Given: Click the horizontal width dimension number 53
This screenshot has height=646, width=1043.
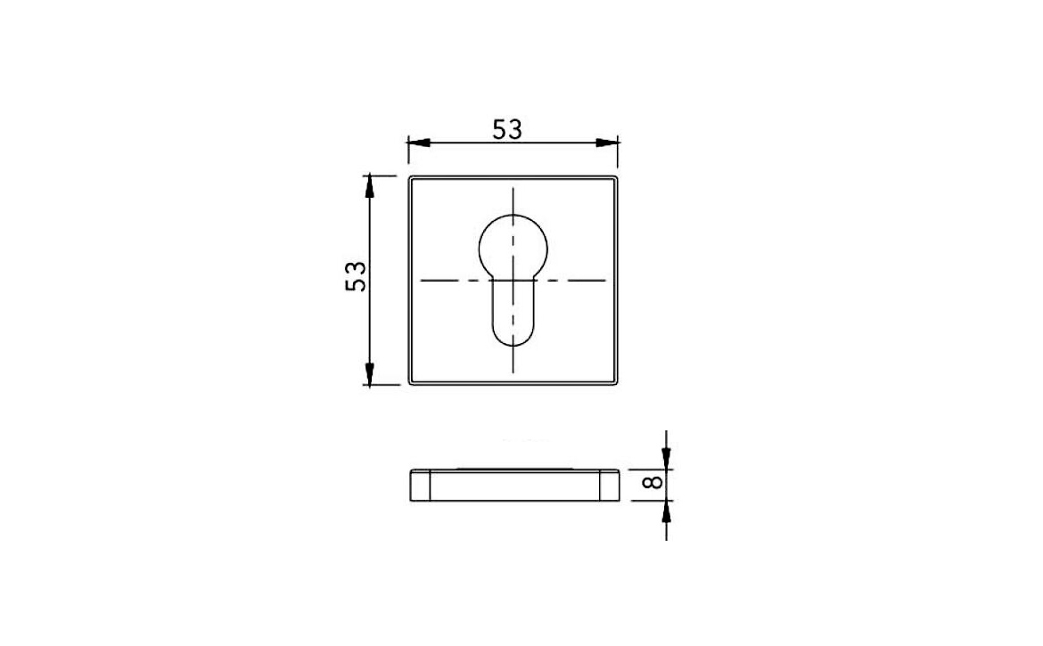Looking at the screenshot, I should pyautogui.click(x=507, y=129).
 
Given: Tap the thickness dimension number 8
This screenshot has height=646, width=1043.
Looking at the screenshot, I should pyautogui.click(x=653, y=482).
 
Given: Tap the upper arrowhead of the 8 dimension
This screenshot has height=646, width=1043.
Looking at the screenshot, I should pyautogui.click(x=666, y=457).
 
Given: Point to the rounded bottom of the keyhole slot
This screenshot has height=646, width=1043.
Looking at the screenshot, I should pyautogui.click(x=513, y=339).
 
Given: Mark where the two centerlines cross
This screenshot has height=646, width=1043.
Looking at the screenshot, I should pyautogui.click(x=513, y=281).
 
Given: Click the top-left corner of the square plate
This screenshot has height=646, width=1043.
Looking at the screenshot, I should pyautogui.click(x=411, y=178).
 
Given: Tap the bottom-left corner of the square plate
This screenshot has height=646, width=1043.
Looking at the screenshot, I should pyautogui.click(x=411, y=384).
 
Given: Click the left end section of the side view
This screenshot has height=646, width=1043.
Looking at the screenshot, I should pyautogui.click(x=420, y=486).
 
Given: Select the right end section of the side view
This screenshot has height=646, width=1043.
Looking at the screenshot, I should pyautogui.click(x=608, y=486).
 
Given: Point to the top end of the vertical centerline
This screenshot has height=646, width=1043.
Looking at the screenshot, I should pyautogui.click(x=513, y=190).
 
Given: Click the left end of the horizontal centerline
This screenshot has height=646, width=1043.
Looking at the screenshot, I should pyautogui.click(x=422, y=281).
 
